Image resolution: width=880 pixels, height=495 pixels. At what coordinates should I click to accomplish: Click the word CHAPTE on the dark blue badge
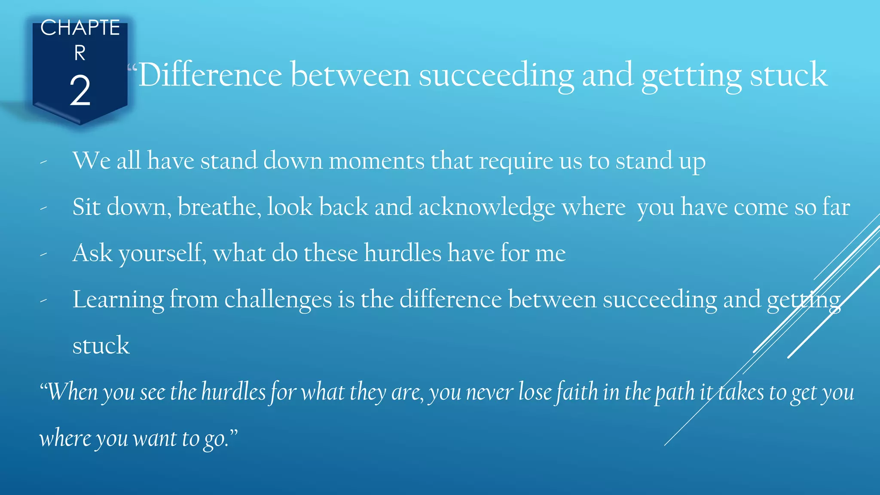pyautogui.click(x=80, y=28)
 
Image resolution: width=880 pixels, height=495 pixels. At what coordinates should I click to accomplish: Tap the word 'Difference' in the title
pyautogui.click(x=210, y=75)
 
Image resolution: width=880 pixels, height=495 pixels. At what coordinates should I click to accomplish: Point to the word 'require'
pyautogui.click(x=516, y=162)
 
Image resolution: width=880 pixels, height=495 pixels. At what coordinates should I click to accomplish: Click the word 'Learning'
pyautogui.click(x=118, y=300)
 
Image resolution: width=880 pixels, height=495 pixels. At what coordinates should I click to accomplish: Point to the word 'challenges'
pyautogui.click(x=278, y=300)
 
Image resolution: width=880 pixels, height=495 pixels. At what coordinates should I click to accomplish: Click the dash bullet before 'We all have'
pyautogui.click(x=43, y=162)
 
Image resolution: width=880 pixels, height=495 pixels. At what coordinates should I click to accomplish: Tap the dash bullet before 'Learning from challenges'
pyautogui.click(x=43, y=301)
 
